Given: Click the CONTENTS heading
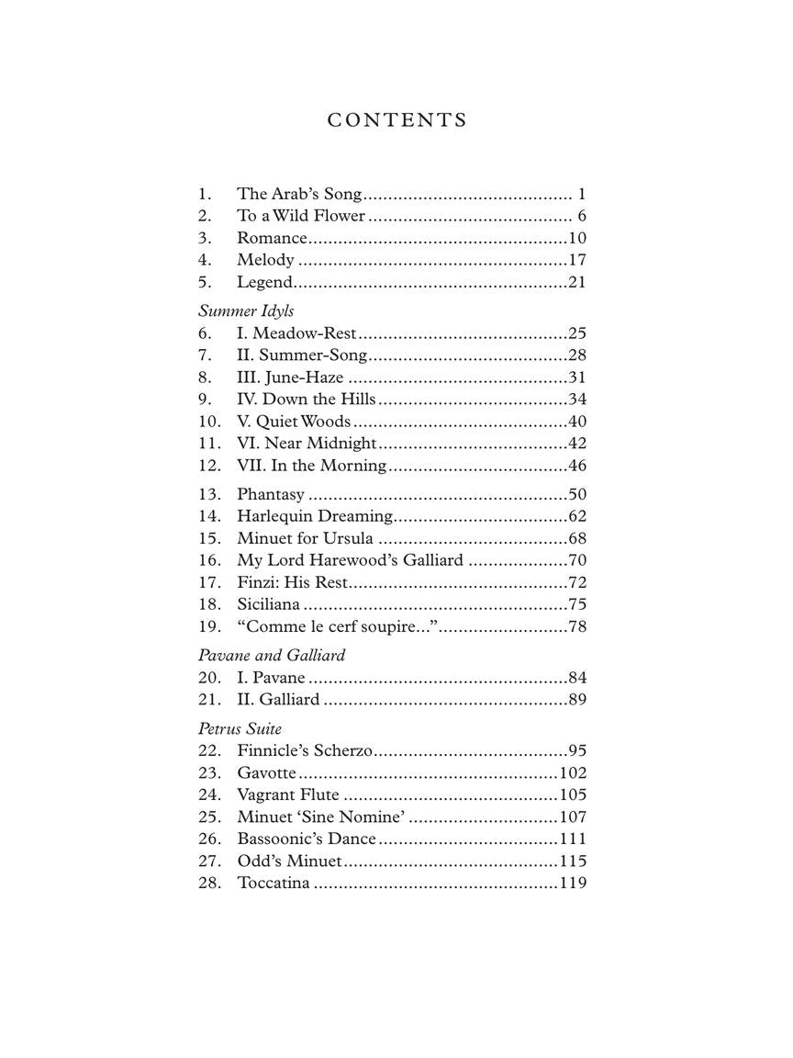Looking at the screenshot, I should click(x=396, y=120).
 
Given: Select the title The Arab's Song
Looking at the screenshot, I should click(x=299, y=194).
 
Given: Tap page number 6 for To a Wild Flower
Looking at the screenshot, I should click(x=582, y=216).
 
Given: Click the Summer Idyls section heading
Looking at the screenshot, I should click(x=246, y=311).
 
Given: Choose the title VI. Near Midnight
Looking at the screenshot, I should click(x=307, y=444).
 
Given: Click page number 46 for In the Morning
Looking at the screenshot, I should click(x=577, y=466).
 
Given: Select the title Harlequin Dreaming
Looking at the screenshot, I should click(x=315, y=516).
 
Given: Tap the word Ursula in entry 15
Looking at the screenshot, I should click(x=348, y=538).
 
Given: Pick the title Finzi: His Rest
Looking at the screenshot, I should click(x=293, y=582).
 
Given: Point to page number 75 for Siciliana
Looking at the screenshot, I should click(x=577, y=604).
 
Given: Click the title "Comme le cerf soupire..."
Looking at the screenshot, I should click(x=337, y=626).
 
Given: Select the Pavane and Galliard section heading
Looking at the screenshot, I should click(x=272, y=656).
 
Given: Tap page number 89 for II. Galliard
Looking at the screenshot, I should click(x=577, y=700).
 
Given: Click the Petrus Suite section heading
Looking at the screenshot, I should click(x=240, y=729).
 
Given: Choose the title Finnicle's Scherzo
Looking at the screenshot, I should click(x=305, y=751).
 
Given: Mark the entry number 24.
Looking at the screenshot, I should click(x=209, y=795).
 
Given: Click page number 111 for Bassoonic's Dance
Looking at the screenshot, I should click(x=573, y=839).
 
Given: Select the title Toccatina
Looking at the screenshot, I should click(x=274, y=884).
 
